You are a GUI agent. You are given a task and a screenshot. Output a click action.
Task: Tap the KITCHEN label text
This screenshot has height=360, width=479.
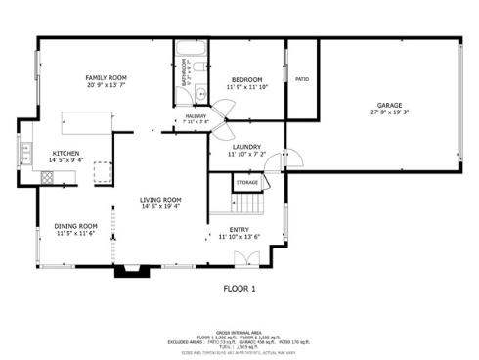[65, 153]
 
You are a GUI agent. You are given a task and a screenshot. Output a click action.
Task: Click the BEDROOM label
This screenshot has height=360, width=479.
[246, 79]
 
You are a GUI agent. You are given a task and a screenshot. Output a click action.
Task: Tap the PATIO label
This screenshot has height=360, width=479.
[301, 79]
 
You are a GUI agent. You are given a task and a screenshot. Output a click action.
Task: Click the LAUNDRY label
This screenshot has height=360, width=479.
[245, 146]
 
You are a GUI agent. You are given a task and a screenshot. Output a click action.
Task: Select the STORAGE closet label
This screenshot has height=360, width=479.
[247, 182]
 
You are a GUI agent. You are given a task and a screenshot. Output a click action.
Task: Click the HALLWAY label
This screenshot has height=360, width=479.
[196, 116]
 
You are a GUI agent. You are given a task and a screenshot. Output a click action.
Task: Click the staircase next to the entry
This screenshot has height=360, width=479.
[251, 203]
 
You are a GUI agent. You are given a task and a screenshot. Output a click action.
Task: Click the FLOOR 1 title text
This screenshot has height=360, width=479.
[239, 289]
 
